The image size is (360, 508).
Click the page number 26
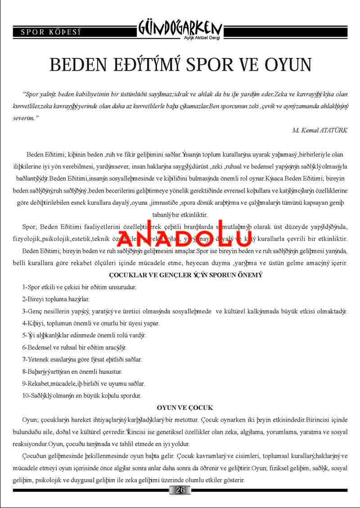(180, 490)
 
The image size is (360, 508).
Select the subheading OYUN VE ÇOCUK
(184, 408)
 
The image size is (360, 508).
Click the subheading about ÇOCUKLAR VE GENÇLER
(186, 274)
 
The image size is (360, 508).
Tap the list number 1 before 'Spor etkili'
(24, 287)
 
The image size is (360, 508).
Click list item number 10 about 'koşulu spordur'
(82, 396)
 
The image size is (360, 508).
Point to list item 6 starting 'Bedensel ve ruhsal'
(75, 348)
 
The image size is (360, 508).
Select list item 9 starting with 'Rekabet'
(84, 384)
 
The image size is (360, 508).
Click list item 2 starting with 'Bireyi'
(56, 299)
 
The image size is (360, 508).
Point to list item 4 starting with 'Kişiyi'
(90, 323)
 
